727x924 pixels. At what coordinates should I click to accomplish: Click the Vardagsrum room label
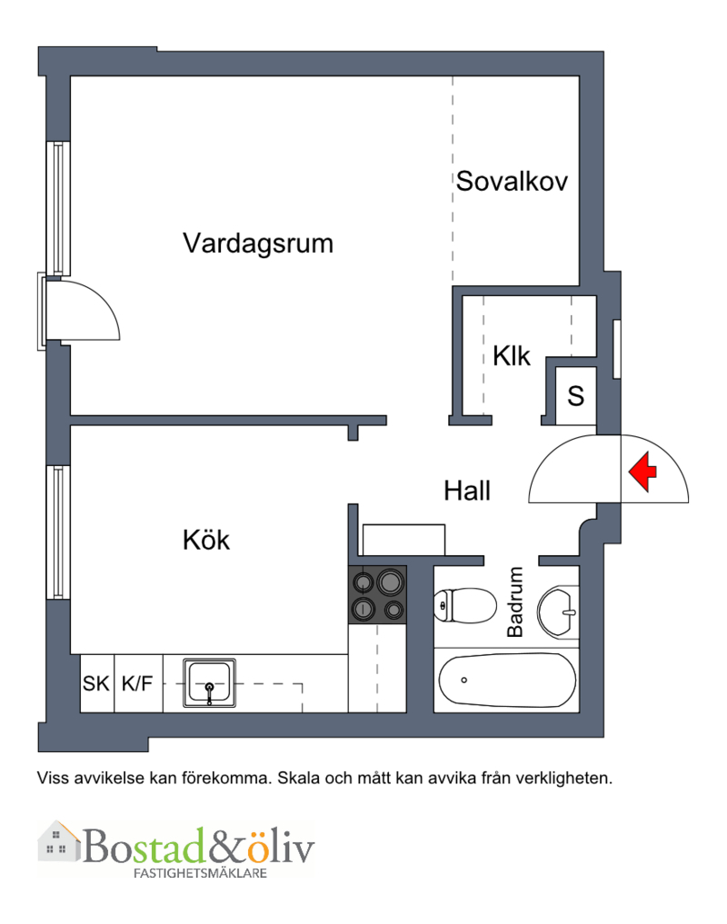point(258,243)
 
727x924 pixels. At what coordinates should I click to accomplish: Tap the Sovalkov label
point(512,181)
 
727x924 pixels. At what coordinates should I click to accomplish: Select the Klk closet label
point(512,356)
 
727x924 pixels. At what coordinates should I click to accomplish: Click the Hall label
point(467,491)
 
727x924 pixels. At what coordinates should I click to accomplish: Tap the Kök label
point(205,540)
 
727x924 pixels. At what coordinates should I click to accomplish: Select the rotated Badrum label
point(515,601)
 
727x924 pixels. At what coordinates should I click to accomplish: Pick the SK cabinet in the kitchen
point(96,683)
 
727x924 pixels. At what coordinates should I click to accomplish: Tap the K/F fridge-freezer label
point(137,683)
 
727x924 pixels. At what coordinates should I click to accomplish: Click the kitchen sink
point(209,683)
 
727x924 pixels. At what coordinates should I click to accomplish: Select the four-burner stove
point(377,594)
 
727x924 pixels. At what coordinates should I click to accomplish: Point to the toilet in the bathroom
point(465,605)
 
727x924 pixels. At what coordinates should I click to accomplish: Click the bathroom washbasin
point(558,611)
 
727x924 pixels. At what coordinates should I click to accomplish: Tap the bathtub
point(507,680)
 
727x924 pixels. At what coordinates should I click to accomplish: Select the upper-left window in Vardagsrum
point(58,209)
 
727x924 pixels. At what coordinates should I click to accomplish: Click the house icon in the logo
point(59,841)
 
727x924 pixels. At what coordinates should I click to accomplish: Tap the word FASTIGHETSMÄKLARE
point(200,873)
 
